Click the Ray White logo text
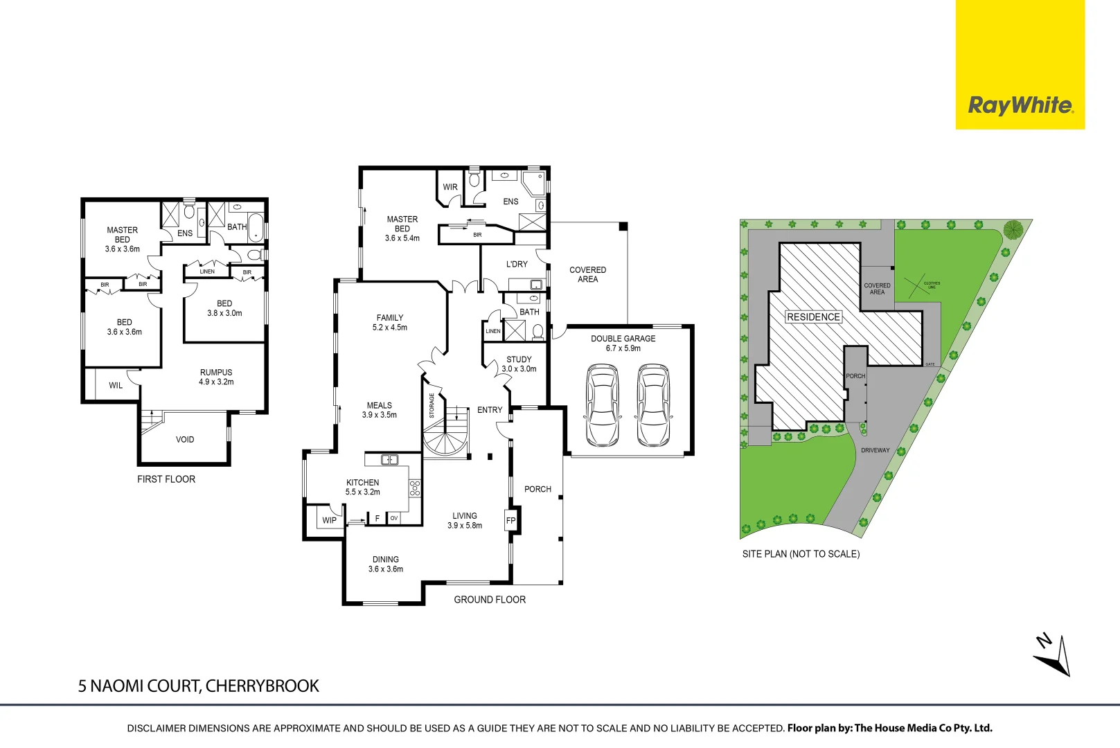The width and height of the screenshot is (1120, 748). pos(1020,105)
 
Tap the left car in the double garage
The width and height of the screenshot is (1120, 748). pos(602,405)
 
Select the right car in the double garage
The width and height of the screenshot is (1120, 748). pos(653,405)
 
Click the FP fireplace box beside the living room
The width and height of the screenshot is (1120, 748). pos(511,520)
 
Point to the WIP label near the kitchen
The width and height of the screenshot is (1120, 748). pos(329,520)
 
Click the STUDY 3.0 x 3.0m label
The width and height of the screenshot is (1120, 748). pos(519,364)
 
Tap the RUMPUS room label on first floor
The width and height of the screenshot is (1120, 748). pos(216,377)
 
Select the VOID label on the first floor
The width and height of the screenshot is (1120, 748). pos(185,439)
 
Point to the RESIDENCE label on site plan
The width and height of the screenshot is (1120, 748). pos(813,317)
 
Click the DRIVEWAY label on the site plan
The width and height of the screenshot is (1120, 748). pos(875,450)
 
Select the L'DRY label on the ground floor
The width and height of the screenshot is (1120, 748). pos(517,264)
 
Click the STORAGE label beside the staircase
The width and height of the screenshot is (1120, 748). pos(432,405)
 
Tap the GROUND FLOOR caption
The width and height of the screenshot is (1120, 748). pos(490,600)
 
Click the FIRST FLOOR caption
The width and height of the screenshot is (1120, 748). pos(166,479)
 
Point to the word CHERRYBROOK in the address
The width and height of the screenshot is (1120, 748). pos(263,686)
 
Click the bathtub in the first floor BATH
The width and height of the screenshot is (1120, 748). pos(256,227)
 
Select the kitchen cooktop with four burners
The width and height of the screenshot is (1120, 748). pos(414,488)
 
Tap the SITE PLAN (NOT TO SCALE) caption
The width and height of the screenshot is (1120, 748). pos(801,554)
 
